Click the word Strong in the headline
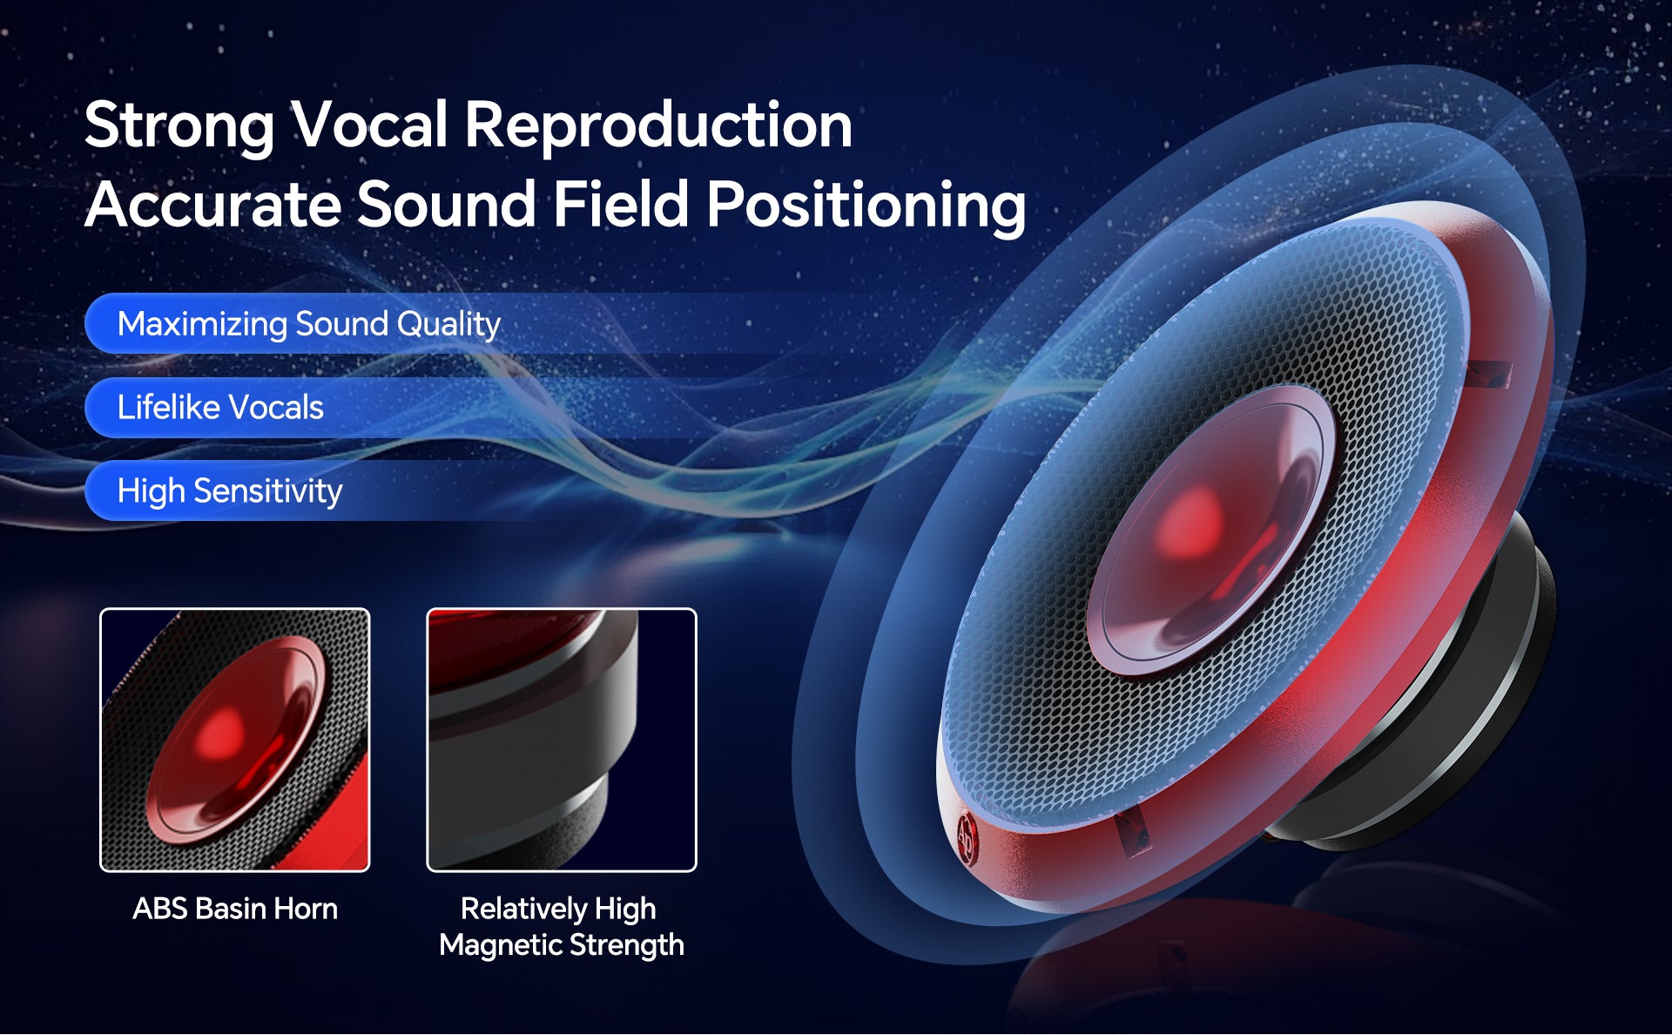[179, 126]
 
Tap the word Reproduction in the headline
[658, 125]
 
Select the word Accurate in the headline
[212, 205]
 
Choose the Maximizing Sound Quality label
[308, 324]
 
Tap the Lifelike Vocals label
[220, 408]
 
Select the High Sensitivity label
[230, 491]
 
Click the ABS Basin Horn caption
[235, 909]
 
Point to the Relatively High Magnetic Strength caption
[562, 927]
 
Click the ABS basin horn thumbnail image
[235, 740]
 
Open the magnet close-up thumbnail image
[562, 740]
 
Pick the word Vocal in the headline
[369, 125]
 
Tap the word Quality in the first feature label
[448, 325]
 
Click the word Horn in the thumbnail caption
[305, 909]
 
